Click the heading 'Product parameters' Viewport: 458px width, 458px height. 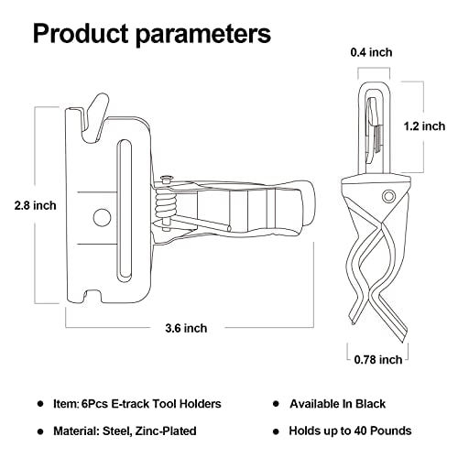tap(152, 35)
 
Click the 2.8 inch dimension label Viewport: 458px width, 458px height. tap(29, 205)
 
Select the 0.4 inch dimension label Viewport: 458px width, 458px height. tap(372, 53)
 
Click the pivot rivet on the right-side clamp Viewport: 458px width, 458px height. tap(388, 195)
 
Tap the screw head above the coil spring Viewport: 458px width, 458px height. tap(168, 180)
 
